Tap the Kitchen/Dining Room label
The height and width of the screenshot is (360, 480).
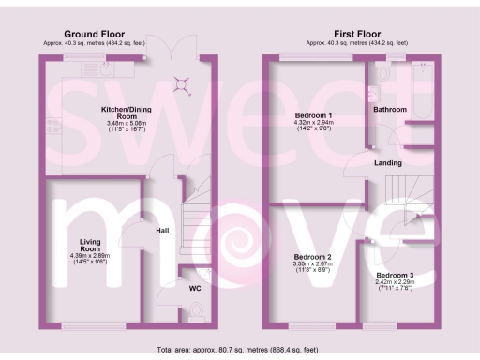tap(127, 112)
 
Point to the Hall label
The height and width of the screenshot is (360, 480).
tap(161, 229)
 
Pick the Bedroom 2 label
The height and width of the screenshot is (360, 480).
tap(312, 257)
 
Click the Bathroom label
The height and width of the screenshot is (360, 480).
tap(390, 110)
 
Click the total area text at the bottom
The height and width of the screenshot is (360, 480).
tap(240, 350)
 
